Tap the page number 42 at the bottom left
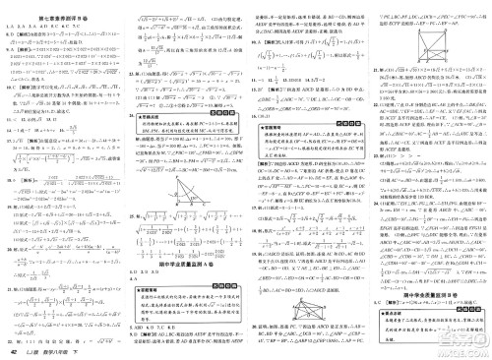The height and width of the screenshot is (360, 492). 14,350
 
